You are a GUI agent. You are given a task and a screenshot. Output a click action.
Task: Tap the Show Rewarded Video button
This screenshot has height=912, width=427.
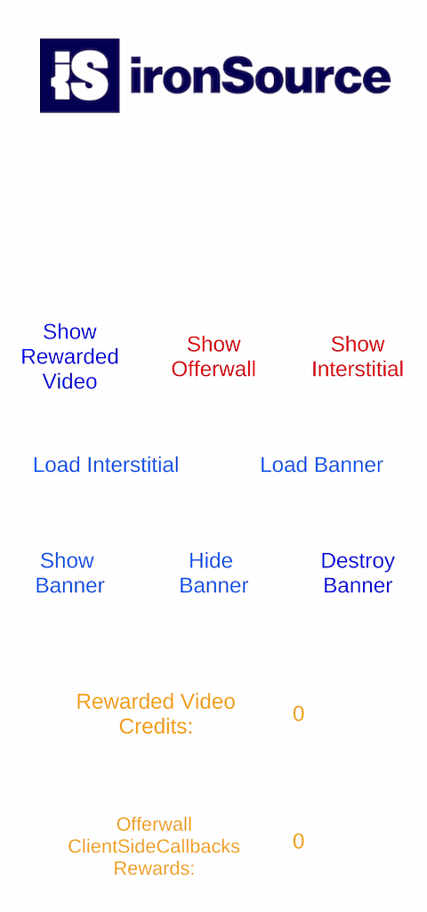tap(69, 356)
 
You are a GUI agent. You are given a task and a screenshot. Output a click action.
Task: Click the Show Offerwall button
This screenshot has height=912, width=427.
tap(213, 356)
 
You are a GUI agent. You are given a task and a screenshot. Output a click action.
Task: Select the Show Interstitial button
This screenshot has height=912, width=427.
tap(358, 356)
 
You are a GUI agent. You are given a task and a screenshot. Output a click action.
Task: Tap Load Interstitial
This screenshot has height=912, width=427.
tap(106, 465)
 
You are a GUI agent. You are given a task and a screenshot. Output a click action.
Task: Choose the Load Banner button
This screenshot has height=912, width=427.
tap(321, 465)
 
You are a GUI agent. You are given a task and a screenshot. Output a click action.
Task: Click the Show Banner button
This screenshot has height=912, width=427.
tap(69, 573)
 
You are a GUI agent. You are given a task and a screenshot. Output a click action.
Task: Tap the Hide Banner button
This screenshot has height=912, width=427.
tap(213, 573)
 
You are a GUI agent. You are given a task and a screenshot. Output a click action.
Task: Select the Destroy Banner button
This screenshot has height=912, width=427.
tap(358, 573)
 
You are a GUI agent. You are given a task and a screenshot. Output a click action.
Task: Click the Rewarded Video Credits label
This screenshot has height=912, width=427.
tap(156, 713)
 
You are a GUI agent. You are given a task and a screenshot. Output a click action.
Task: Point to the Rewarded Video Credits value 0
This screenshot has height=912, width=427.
tap(299, 713)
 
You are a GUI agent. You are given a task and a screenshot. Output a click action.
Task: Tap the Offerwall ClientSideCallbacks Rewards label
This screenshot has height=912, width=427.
tap(154, 846)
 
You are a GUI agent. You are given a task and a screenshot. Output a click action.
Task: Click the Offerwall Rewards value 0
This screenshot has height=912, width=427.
tap(299, 842)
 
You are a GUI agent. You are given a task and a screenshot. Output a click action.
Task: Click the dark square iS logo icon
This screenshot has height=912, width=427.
tap(79, 75)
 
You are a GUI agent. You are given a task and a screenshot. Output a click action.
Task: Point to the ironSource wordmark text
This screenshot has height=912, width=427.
tap(261, 76)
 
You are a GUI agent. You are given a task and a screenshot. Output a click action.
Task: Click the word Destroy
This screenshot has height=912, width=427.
tap(358, 561)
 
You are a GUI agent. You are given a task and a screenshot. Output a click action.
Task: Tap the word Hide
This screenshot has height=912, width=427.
tap(211, 561)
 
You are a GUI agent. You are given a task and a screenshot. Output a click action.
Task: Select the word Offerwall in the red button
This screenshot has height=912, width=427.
tap(213, 370)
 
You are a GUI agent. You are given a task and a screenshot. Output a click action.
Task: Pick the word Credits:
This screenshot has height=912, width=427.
tap(156, 727)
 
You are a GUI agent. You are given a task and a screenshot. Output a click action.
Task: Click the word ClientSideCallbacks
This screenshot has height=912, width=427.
tap(154, 846)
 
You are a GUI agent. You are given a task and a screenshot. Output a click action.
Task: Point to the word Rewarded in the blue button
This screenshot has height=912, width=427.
tap(69, 356)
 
